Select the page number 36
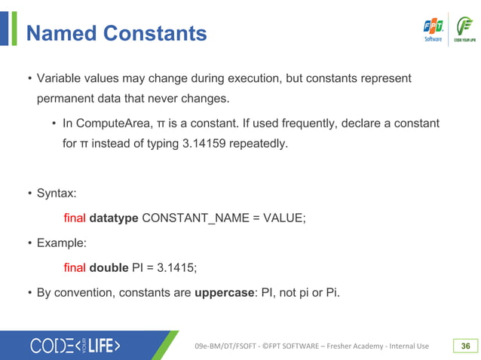[465, 346]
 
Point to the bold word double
[109, 267]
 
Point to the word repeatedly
[262, 142]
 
